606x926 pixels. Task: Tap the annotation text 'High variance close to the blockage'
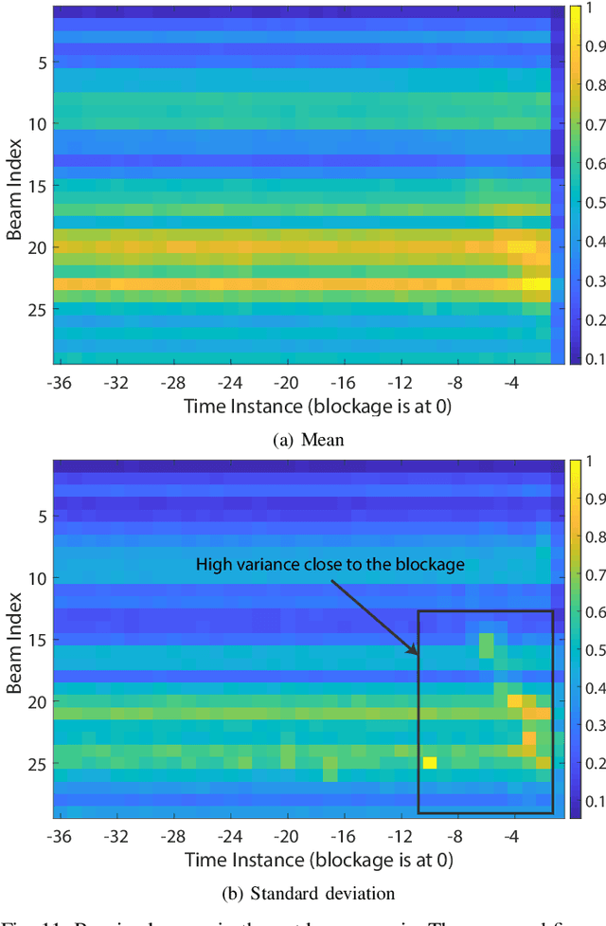pos(330,564)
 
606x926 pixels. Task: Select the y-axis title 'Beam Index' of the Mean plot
pos(14,185)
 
